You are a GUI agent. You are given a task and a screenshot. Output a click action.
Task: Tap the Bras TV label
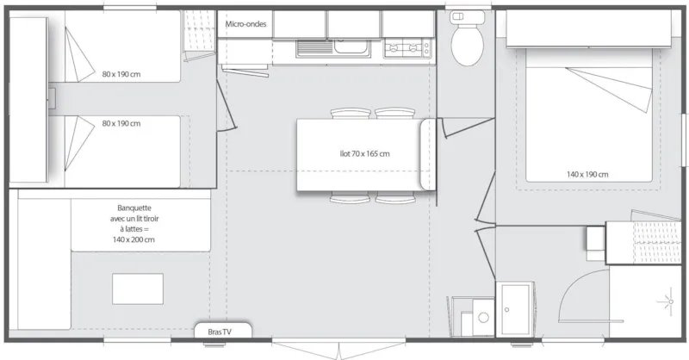tap(220, 331)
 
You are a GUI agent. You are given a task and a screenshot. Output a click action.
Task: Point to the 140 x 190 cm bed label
tap(587, 174)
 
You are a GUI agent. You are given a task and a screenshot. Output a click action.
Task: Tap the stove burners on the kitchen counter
tap(406, 48)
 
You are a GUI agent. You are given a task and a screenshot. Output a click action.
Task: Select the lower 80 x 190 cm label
tap(121, 123)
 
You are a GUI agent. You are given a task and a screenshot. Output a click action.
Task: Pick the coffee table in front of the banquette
tap(137, 289)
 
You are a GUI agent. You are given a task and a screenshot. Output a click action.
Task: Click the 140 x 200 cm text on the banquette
tap(138, 239)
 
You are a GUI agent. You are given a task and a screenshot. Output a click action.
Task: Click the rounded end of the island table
tap(428, 155)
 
